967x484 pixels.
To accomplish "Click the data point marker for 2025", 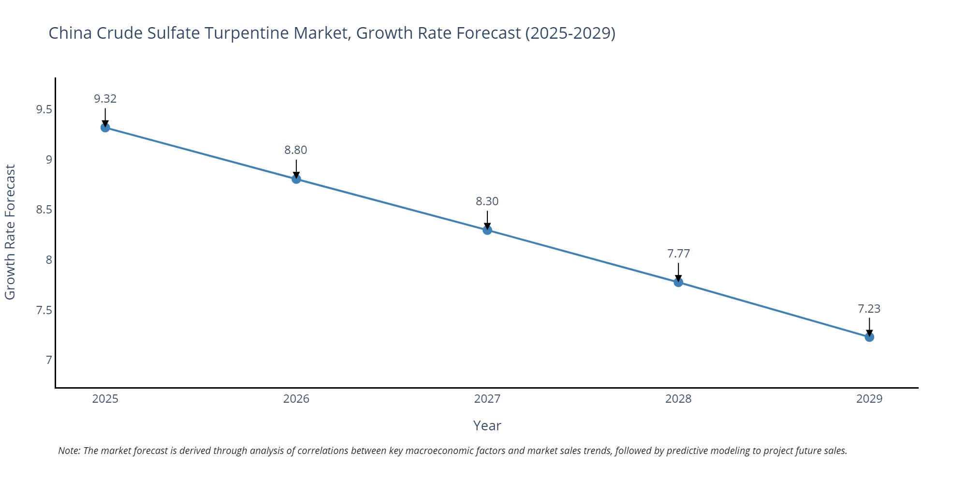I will tap(105, 128).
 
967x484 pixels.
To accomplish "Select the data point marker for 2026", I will tap(296, 179).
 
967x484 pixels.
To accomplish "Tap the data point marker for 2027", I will tap(487, 230).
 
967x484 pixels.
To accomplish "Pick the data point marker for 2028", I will tap(678, 282).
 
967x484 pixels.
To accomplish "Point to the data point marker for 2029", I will tap(869, 337).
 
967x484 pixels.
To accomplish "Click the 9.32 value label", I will tap(105, 99).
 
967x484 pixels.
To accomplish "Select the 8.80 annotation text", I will tap(296, 150).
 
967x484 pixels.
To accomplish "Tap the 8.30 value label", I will tap(487, 201).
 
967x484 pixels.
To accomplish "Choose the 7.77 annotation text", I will tap(678, 254).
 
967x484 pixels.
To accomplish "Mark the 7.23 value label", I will tap(869, 309).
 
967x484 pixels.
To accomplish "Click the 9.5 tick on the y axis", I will tap(44, 109).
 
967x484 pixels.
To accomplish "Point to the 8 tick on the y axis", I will tap(49, 260).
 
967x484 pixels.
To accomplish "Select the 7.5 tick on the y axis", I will tap(44, 310).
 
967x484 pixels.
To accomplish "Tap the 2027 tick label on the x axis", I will tap(487, 399).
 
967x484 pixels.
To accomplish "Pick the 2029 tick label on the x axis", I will tap(869, 399).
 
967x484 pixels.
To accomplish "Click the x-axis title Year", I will tap(487, 425).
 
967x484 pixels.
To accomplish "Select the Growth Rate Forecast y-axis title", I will tap(10, 232).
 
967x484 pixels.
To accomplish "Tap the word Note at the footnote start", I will tap(69, 451).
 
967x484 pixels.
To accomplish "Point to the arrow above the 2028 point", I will tap(678, 272).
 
